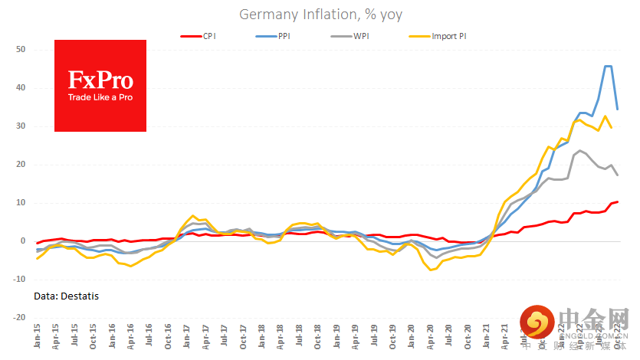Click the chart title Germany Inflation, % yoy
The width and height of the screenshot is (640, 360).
click(x=320, y=15)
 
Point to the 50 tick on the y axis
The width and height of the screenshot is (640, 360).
click(x=21, y=50)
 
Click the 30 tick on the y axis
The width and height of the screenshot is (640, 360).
click(x=21, y=126)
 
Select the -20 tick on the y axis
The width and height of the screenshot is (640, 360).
click(x=20, y=317)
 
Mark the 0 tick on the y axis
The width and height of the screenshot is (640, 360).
click(x=24, y=241)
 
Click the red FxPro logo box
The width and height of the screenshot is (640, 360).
click(x=100, y=86)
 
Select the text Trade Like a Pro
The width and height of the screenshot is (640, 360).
click(x=100, y=97)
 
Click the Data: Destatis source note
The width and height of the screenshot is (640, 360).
click(x=67, y=296)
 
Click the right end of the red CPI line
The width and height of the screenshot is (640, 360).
click(x=618, y=201)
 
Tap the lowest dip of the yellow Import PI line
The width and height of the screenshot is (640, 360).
click(x=432, y=270)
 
